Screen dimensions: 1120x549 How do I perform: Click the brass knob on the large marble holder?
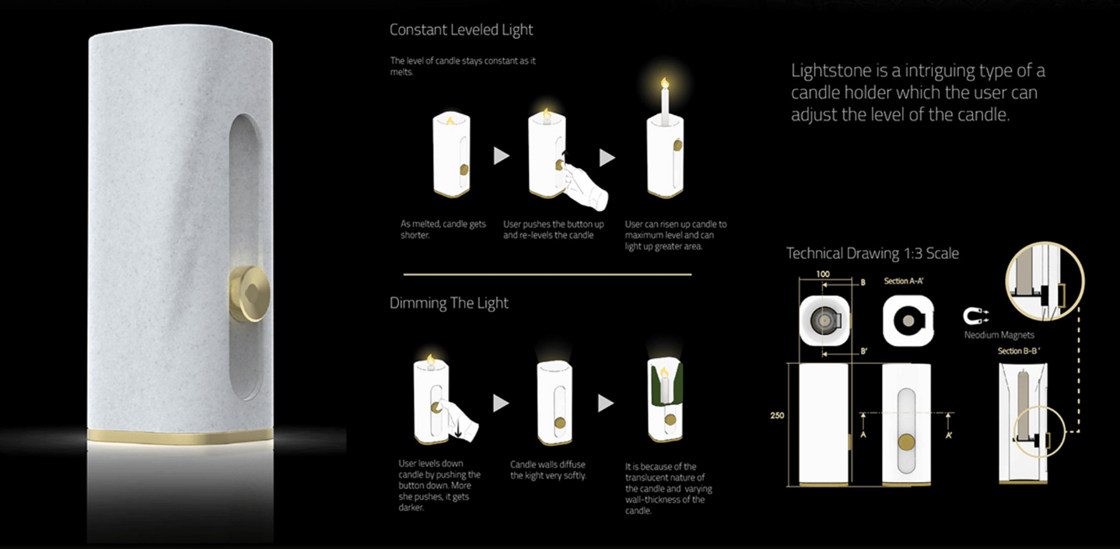pos(250,294)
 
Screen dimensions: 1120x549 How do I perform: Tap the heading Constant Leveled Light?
pos(461,30)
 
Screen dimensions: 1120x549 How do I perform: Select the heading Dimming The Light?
pos(449,303)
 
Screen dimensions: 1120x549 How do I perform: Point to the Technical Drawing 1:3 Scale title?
pos(872,254)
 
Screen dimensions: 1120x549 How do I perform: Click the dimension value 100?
pos(823,274)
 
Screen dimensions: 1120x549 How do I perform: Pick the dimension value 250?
pos(777,415)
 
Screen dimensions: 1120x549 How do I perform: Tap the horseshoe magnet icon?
pos(975,316)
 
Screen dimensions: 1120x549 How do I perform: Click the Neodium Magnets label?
pos(999,335)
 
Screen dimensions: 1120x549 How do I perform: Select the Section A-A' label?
pos(903,281)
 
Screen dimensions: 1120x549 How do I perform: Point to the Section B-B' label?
pos(1019,351)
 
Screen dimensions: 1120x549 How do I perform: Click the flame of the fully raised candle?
pos(664,82)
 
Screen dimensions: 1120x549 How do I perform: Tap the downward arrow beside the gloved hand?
pos(459,429)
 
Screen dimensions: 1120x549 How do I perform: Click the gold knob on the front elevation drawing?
pos(907,442)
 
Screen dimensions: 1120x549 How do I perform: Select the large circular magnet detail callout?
pos(1045,281)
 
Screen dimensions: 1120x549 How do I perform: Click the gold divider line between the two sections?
pos(548,274)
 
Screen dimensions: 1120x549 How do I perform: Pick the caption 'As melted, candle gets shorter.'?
pos(443,229)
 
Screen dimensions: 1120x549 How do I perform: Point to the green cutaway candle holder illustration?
pos(665,400)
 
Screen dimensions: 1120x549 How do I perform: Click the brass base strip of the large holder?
pos(180,436)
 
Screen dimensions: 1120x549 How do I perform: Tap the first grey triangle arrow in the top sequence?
pos(501,156)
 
